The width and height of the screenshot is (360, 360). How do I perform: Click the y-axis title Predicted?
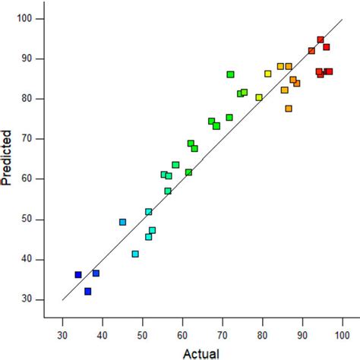click(8, 159)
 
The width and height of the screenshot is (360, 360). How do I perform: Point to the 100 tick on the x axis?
click(343, 320)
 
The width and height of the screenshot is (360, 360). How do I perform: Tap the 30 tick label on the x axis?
click(62, 331)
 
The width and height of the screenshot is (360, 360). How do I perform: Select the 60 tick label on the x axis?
click(182, 331)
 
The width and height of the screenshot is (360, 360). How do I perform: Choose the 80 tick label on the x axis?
click(262, 331)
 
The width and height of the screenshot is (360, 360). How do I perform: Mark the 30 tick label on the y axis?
click(36, 299)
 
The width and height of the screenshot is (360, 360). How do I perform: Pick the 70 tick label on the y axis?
click(36, 139)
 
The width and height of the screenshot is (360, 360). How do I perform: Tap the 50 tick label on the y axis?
click(36, 219)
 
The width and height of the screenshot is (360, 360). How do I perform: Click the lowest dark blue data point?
click(88, 291)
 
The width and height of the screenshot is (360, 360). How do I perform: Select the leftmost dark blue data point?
click(78, 275)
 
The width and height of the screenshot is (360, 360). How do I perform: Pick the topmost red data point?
click(321, 39)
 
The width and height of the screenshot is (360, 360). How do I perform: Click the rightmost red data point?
click(330, 71)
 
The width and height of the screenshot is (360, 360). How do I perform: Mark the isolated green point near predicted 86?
click(230, 74)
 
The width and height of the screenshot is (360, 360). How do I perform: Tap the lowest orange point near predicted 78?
click(289, 109)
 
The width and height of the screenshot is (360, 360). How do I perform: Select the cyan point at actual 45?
click(122, 222)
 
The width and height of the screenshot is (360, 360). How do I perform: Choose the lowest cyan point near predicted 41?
click(135, 254)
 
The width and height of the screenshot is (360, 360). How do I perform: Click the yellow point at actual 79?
click(259, 97)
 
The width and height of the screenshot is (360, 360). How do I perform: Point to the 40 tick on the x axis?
click(103, 320)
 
